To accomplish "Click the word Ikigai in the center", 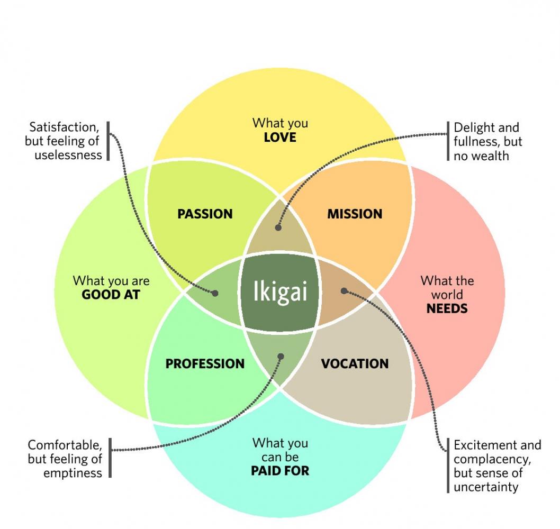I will pyautogui.click(x=279, y=291).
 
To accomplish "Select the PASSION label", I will pyautogui.click(x=205, y=214).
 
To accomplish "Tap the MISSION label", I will pyautogui.click(x=355, y=214).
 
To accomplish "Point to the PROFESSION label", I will pyautogui.click(x=205, y=364).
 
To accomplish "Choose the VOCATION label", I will pyautogui.click(x=355, y=364).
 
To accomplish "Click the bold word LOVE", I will pyautogui.click(x=280, y=138).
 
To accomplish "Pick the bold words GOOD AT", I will pyautogui.click(x=111, y=295).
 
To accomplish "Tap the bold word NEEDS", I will pyautogui.click(x=447, y=308).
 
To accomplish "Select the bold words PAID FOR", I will pyautogui.click(x=280, y=470).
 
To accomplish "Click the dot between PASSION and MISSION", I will pyautogui.click(x=278, y=227).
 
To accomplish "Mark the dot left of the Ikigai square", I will pyautogui.click(x=215, y=293).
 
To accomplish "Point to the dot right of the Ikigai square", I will pyautogui.click(x=344, y=290).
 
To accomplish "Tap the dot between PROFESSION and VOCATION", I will pyautogui.click(x=281, y=357).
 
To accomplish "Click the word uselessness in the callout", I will pyautogui.click(x=68, y=156).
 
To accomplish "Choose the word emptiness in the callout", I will pyautogui.click(x=73, y=473).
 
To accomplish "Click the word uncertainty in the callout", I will pyautogui.click(x=486, y=487).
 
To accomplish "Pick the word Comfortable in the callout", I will pyautogui.click(x=65, y=445).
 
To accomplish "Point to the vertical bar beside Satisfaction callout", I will pyautogui.click(x=109, y=141).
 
